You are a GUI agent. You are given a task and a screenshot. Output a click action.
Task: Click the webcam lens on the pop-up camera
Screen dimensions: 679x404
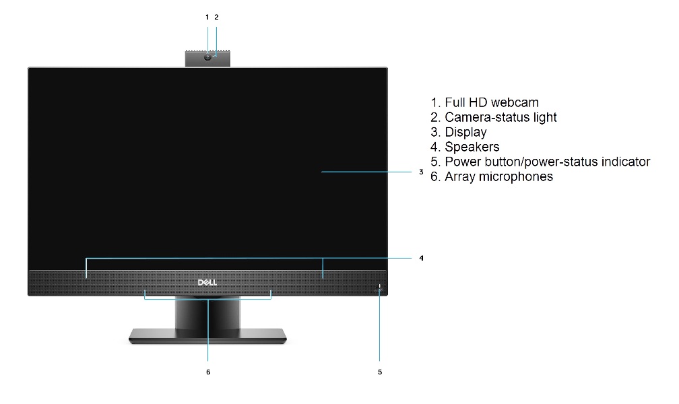[x=208, y=57]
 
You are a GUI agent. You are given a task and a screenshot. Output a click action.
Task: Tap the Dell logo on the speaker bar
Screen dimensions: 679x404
[x=207, y=282]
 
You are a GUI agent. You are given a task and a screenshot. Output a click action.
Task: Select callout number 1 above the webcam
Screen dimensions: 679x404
[x=207, y=18]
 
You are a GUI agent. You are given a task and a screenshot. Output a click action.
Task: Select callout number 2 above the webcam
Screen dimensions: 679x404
[x=216, y=18]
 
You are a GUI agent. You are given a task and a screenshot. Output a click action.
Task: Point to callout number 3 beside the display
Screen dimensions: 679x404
[x=421, y=172]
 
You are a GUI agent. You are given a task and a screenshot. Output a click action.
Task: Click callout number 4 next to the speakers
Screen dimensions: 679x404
[x=422, y=258]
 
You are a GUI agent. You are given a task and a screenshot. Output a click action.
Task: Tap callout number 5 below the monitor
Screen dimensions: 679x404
[x=380, y=372]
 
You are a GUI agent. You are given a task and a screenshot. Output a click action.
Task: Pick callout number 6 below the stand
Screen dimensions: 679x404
[x=208, y=372]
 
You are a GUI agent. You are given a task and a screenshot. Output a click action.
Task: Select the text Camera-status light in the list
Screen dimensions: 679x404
[x=500, y=117]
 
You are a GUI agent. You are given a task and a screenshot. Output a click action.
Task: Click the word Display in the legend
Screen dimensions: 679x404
[x=466, y=132]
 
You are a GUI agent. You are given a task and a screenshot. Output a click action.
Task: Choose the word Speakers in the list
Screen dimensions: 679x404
[x=472, y=147]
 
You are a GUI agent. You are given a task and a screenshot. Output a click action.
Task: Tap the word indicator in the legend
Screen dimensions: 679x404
[x=626, y=162]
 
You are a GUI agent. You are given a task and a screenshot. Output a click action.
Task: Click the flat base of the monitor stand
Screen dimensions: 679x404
[x=208, y=336]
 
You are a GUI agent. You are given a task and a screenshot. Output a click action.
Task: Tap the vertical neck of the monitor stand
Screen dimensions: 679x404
[x=207, y=312]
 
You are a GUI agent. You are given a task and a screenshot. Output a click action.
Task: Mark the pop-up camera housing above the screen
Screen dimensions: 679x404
[x=208, y=58]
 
